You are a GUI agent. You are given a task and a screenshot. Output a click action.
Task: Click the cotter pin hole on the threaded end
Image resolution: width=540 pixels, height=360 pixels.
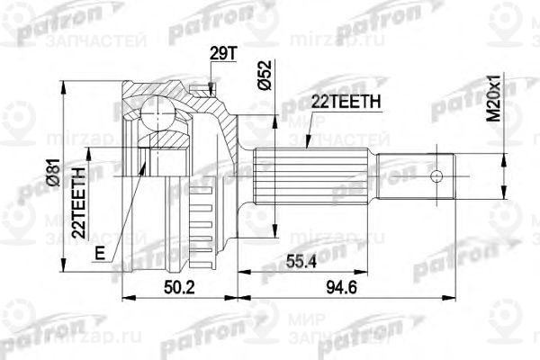[438, 175]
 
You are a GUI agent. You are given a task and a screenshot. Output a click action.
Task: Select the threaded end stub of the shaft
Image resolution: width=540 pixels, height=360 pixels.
[418, 175]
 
